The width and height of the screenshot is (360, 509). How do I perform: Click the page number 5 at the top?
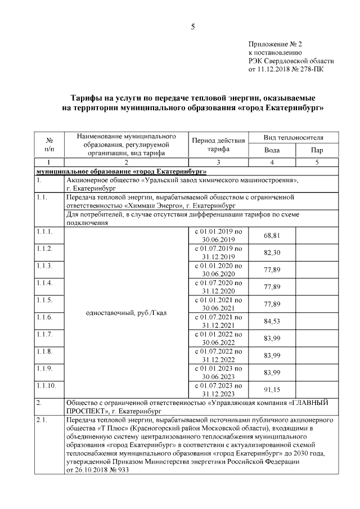click(192, 26)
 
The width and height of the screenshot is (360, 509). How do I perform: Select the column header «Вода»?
click(272, 150)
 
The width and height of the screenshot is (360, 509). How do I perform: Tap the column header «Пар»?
click(317, 150)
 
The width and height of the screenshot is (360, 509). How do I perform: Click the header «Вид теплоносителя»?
click(293, 137)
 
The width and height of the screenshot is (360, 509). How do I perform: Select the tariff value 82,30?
click(272, 253)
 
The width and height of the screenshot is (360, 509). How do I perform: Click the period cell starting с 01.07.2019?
click(218, 253)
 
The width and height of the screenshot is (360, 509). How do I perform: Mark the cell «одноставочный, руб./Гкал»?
click(126, 312)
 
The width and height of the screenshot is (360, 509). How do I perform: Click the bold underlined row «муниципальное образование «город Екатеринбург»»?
click(121, 171)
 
